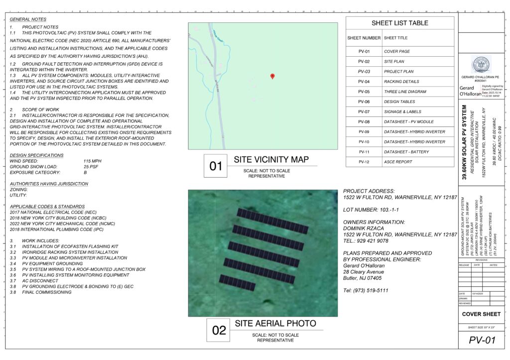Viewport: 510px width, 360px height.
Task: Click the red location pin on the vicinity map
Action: click(272, 76)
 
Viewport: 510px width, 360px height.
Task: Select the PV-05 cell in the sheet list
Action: click(364, 92)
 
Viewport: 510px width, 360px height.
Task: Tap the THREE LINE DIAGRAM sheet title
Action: click(405, 92)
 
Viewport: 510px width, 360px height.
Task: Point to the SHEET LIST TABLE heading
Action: click(399, 23)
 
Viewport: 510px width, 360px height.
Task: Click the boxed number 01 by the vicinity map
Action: click(216, 166)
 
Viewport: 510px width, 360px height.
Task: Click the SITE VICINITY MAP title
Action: click(271, 160)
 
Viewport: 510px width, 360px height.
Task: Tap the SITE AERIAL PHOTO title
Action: click(275, 324)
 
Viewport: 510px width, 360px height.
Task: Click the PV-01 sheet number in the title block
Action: click(483, 341)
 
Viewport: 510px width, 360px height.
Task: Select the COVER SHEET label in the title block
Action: click(481, 314)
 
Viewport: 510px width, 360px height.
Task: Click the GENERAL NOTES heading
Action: click(28, 19)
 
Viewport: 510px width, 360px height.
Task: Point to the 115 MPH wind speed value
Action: click(93, 161)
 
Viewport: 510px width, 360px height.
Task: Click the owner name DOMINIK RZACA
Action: click(366, 228)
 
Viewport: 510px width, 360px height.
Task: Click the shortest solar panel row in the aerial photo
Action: click(237, 282)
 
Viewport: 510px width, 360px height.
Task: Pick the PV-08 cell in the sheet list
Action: click(364, 121)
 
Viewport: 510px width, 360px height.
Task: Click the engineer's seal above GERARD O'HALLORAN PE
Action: click(481, 63)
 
